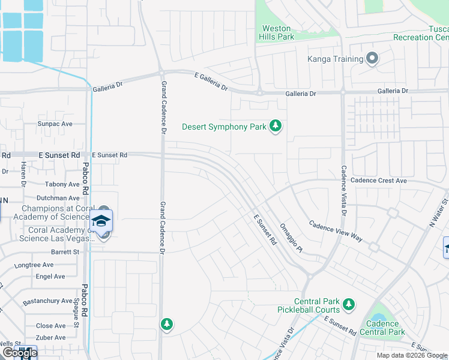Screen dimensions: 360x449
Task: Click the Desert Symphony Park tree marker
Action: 276,126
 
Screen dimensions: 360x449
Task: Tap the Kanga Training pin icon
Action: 372,59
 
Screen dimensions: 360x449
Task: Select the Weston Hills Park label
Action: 277,32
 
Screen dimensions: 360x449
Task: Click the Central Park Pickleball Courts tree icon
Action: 348,305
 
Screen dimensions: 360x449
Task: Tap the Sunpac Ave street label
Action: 55,124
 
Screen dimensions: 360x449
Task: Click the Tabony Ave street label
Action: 62,185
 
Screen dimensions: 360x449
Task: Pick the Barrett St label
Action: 65,253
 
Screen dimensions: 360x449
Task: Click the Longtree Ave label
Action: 34,265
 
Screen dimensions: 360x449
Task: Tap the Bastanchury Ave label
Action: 47,301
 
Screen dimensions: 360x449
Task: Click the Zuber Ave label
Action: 50,338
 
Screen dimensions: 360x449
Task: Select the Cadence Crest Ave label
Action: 379,181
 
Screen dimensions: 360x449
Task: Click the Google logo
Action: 19,353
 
